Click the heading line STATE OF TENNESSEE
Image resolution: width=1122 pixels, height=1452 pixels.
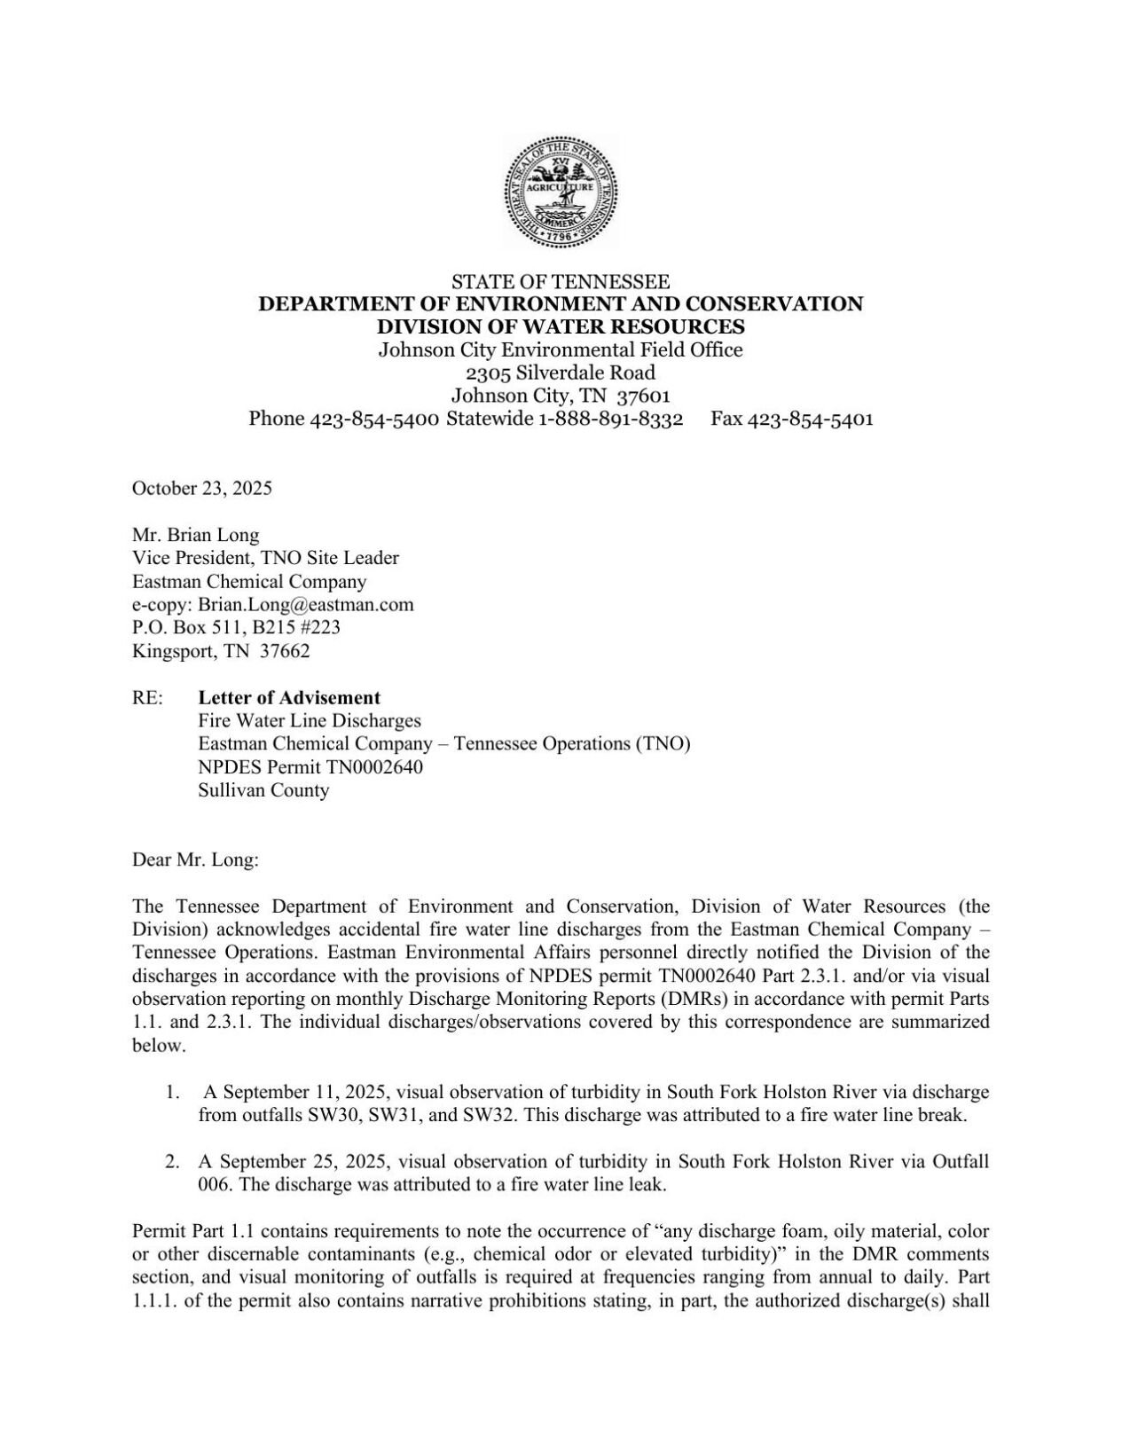(561, 282)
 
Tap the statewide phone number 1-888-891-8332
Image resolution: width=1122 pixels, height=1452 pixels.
(610, 419)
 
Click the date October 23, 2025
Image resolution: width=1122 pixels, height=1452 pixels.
(202, 488)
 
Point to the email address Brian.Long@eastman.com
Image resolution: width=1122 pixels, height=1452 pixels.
(306, 605)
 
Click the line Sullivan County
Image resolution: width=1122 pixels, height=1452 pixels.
(263, 789)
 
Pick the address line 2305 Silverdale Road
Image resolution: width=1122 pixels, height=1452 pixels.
(561, 373)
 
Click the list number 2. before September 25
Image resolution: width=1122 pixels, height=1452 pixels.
(172, 1161)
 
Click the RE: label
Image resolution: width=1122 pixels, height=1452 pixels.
(147, 698)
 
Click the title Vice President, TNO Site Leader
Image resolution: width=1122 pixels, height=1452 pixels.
(265, 558)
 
